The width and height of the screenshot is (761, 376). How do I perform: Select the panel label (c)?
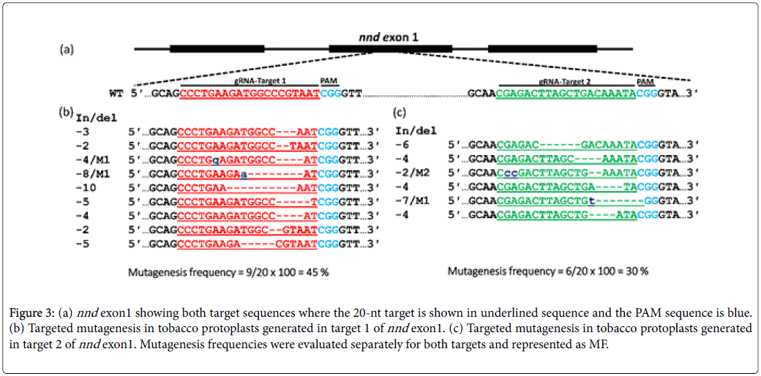pos(400,113)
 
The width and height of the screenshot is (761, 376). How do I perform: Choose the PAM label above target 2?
pos(646,81)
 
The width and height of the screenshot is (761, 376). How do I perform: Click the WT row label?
pos(116,94)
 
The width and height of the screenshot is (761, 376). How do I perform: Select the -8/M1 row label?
pos(94,174)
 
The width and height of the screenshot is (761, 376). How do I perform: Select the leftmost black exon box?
pos(217,50)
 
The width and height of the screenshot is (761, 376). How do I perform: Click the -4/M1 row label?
pos(94,159)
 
